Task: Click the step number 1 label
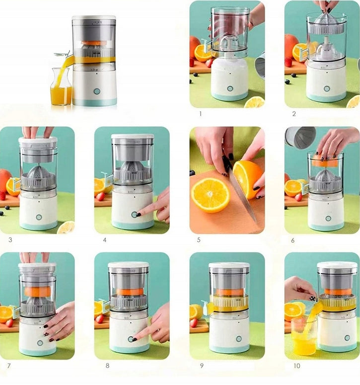pyautogui.click(x=201, y=114)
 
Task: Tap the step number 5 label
pyautogui.click(x=199, y=239)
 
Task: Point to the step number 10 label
pyautogui.click(x=297, y=366)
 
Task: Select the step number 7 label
pyautogui.click(x=9, y=366)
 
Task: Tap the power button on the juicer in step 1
pyautogui.click(x=230, y=88)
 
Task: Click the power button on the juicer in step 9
pyautogui.click(x=238, y=339)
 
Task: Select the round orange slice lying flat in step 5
pyautogui.click(x=211, y=195)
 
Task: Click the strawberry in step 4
pyautogui.click(x=100, y=196)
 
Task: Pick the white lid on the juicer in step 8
pyautogui.click(x=128, y=265)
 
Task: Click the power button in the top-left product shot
pyautogui.click(x=97, y=91)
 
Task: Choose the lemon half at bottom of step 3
pyautogui.click(x=66, y=228)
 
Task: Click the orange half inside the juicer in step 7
pyautogui.click(x=38, y=292)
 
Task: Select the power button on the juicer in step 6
pyautogui.click(x=328, y=218)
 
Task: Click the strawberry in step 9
pyautogui.click(x=194, y=323)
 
